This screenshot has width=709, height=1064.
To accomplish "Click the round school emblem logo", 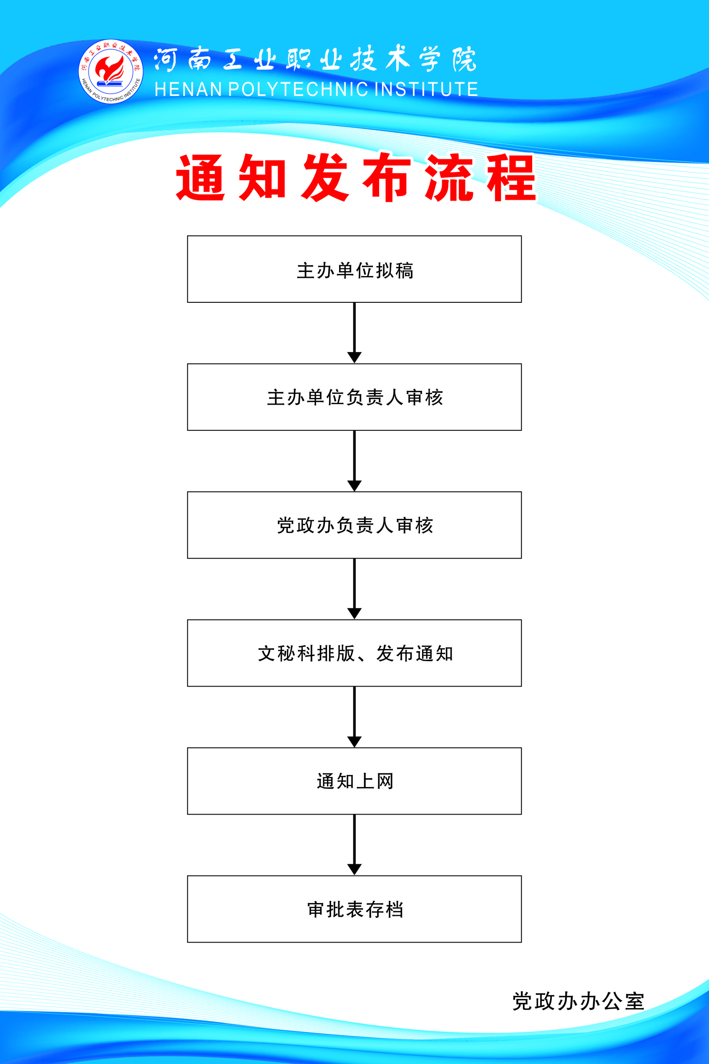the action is pos(111,71).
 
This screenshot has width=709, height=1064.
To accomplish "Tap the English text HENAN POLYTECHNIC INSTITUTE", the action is pos(317,89).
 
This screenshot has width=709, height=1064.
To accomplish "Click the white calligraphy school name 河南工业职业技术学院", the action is pos(315,59).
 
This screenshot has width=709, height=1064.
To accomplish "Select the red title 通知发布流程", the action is pos(356,177).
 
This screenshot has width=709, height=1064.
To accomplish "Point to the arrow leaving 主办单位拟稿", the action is pos(354,333).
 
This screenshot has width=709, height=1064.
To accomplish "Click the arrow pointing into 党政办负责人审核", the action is pos(354,461).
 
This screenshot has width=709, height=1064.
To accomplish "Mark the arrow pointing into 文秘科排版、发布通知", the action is pos(354,589).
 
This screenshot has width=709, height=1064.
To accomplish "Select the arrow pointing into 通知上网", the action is pos(354,717).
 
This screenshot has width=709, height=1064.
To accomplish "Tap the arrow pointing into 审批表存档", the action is pos(354,845).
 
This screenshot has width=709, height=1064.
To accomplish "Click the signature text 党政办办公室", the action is pos(578,1001).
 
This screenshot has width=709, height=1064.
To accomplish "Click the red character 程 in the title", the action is pos(511,177).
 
